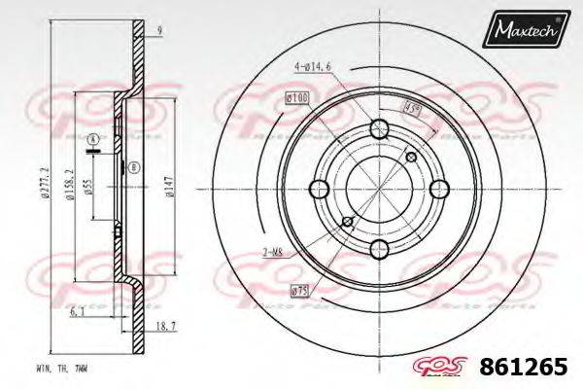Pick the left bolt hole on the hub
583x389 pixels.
pos(317,188)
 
